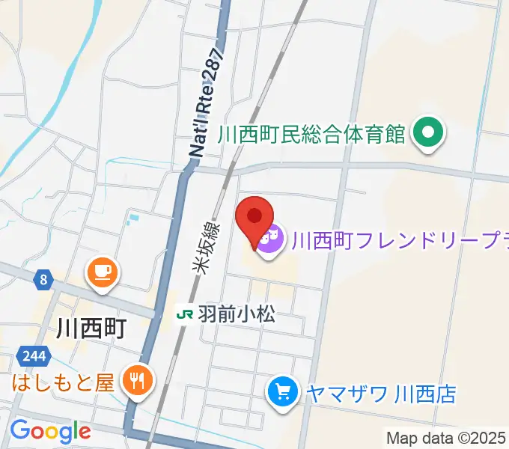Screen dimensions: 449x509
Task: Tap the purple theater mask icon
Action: point(271,239)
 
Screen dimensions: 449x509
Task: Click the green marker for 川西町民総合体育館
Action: point(430,135)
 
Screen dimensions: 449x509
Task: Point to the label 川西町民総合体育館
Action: point(311,135)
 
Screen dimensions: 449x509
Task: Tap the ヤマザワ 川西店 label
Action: point(380,392)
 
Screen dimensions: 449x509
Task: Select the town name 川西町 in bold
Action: point(91,328)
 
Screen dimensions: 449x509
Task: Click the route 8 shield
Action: point(44,281)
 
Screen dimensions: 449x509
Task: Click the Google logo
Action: point(49,432)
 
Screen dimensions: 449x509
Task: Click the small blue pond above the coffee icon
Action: point(133,220)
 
